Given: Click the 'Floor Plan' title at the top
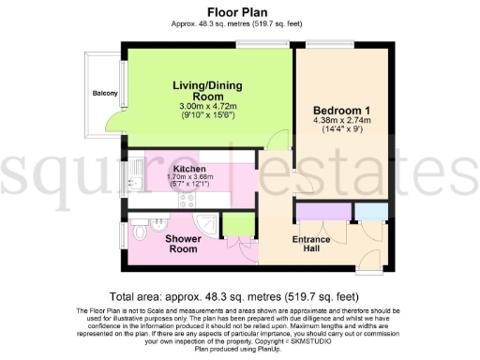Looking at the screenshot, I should pos(239,11).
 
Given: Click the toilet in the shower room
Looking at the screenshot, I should pos(141,229).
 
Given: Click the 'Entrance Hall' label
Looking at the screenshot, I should pos(310,245).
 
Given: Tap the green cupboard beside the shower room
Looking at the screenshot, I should pos(237,225).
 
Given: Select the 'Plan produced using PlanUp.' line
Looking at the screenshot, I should pos(239,349).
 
